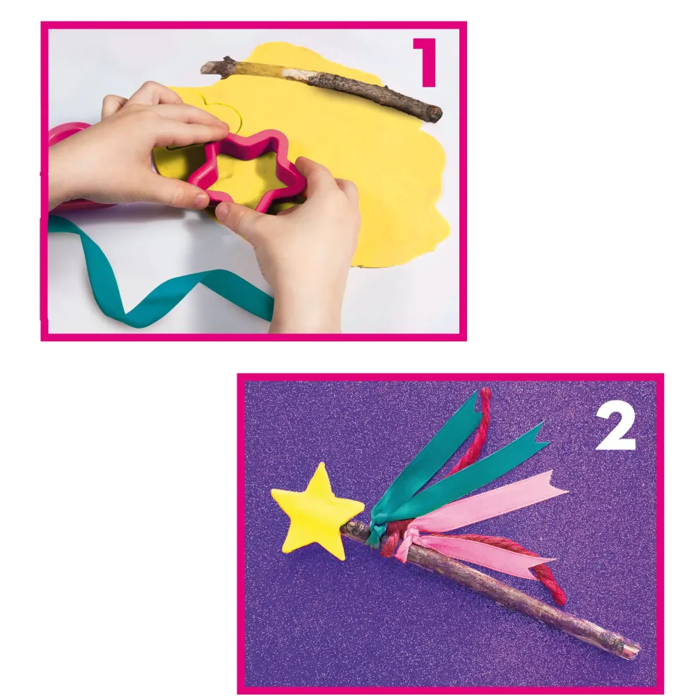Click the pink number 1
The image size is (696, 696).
click(x=426, y=63)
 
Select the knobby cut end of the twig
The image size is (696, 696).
click(x=433, y=113)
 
